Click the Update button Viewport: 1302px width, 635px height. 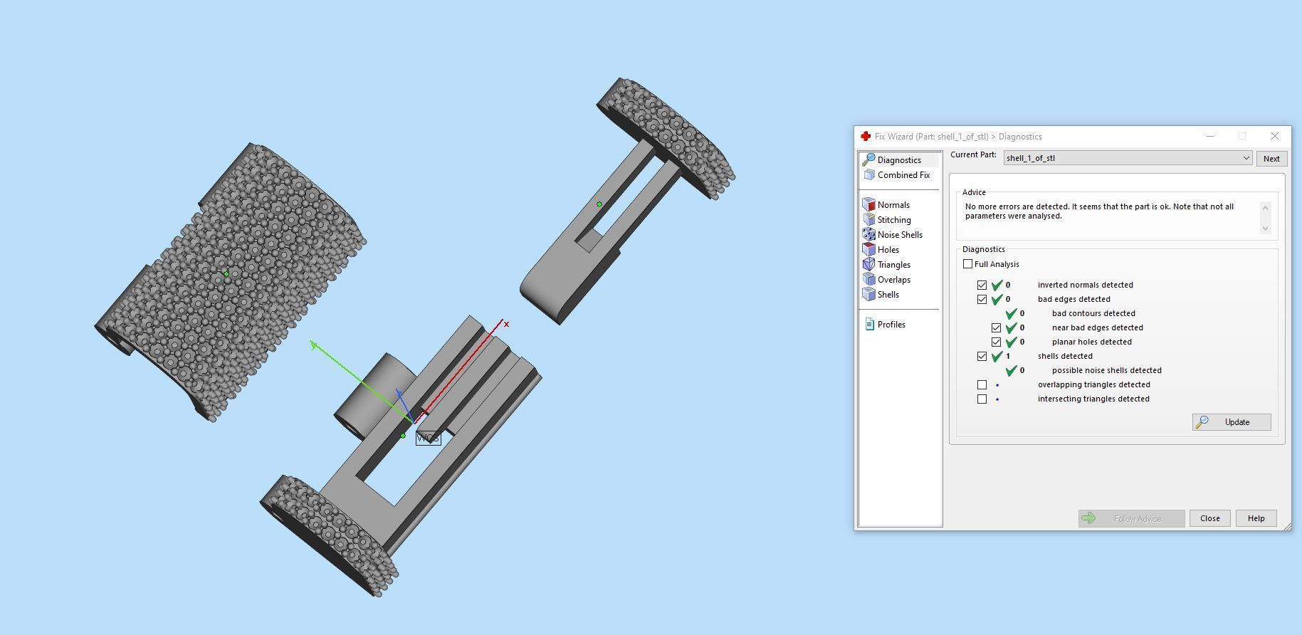coord(1231,422)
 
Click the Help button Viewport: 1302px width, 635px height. coord(1256,518)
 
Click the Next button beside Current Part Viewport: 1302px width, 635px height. coord(1271,159)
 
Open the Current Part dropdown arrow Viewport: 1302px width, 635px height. coord(1246,158)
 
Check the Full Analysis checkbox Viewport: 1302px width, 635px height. coord(967,264)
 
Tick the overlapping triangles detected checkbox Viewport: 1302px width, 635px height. coord(982,384)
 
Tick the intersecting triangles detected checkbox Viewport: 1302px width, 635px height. coord(982,399)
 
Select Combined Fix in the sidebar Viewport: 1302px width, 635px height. coord(903,175)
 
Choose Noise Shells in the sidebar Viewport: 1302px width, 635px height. coord(899,235)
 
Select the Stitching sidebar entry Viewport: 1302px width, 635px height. coord(893,220)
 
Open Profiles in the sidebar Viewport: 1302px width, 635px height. coord(891,325)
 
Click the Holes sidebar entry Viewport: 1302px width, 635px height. coord(888,250)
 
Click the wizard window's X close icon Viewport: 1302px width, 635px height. coord(1274,136)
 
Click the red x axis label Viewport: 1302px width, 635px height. coord(506,325)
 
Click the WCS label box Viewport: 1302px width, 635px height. coord(428,438)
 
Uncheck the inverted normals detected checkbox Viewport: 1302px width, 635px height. coord(982,285)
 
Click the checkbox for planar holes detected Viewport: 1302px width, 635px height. coord(996,342)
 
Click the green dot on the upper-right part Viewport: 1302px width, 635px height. coord(599,204)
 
